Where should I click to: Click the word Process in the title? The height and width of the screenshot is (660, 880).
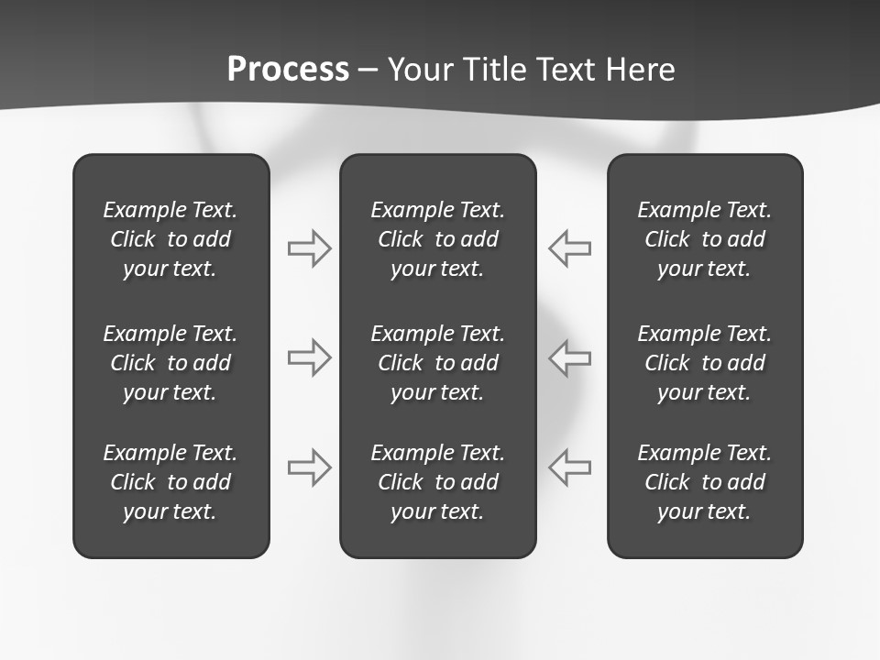click(288, 70)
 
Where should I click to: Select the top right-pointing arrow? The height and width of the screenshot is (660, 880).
click(309, 248)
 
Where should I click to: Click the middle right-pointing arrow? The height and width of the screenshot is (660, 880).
click(309, 357)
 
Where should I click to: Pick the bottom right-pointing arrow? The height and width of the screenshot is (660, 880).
click(309, 467)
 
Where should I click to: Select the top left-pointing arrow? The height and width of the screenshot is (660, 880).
click(570, 248)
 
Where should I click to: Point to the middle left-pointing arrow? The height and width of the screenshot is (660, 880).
click(570, 357)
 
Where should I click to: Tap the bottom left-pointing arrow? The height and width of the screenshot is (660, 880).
click(570, 467)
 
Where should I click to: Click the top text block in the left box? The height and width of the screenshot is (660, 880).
click(170, 239)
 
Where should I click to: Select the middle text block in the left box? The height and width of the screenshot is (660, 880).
click(170, 363)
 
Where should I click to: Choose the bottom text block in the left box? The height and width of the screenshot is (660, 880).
click(170, 482)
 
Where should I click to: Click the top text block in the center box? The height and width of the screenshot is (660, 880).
click(437, 239)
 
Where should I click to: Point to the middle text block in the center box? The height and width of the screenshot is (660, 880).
click(437, 363)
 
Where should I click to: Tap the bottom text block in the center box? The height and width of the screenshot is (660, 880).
click(437, 482)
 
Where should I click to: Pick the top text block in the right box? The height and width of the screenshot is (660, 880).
click(704, 239)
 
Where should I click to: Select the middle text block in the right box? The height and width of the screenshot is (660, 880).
click(704, 363)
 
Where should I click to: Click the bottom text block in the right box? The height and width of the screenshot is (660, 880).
click(704, 482)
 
